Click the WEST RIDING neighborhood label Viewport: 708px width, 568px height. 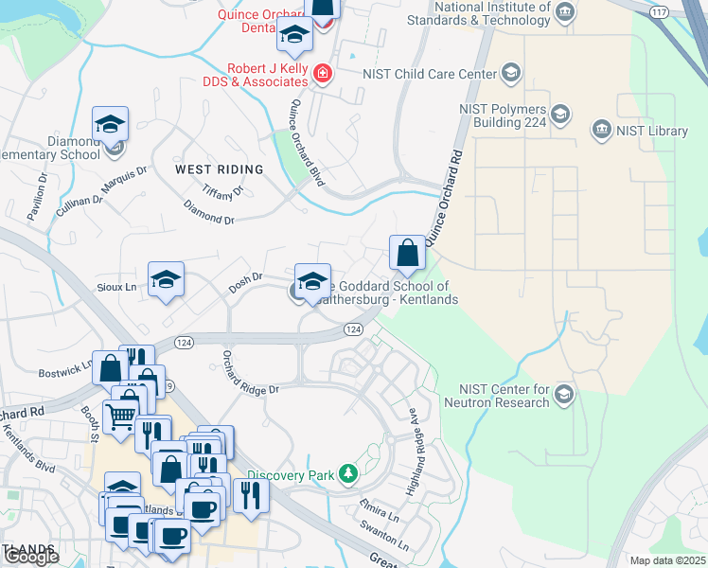(x=219, y=169)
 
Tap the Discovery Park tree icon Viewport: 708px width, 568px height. (x=349, y=473)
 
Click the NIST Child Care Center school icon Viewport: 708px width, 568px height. (x=511, y=73)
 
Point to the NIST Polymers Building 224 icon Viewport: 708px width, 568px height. (x=559, y=115)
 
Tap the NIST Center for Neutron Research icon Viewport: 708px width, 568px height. (x=564, y=393)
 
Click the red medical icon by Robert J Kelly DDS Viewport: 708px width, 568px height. (x=323, y=73)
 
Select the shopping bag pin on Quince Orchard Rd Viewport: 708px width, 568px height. (x=407, y=253)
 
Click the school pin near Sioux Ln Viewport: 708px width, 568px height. (x=166, y=279)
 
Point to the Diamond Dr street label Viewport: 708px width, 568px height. (x=208, y=219)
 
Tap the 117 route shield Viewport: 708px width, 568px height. (x=659, y=10)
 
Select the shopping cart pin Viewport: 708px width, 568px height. (x=119, y=415)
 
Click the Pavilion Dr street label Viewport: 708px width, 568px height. (x=37, y=195)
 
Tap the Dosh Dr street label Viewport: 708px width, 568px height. (x=245, y=282)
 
